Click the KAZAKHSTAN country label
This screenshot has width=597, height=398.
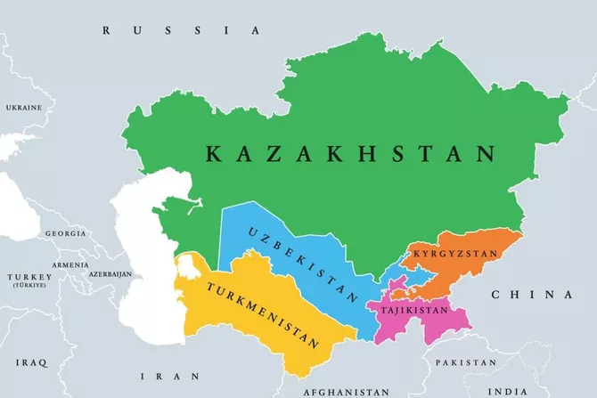pyautogui.click(x=350, y=154)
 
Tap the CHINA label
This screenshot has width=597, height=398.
pyautogui.click(x=531, y=295)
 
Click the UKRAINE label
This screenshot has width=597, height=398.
pyautogui.click(x=24, y=108)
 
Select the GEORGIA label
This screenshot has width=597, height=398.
pyautogui.click(x=64, y=233)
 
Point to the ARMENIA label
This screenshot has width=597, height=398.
pyautogui.click(x=70, y=264)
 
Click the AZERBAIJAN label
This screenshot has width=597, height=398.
pyautogui.click(x=108, y=273)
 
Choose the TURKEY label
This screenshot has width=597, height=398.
pyautogui.click(x=29, y=279)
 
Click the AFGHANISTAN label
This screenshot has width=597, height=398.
pyautogui.click(x=346, y=392)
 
